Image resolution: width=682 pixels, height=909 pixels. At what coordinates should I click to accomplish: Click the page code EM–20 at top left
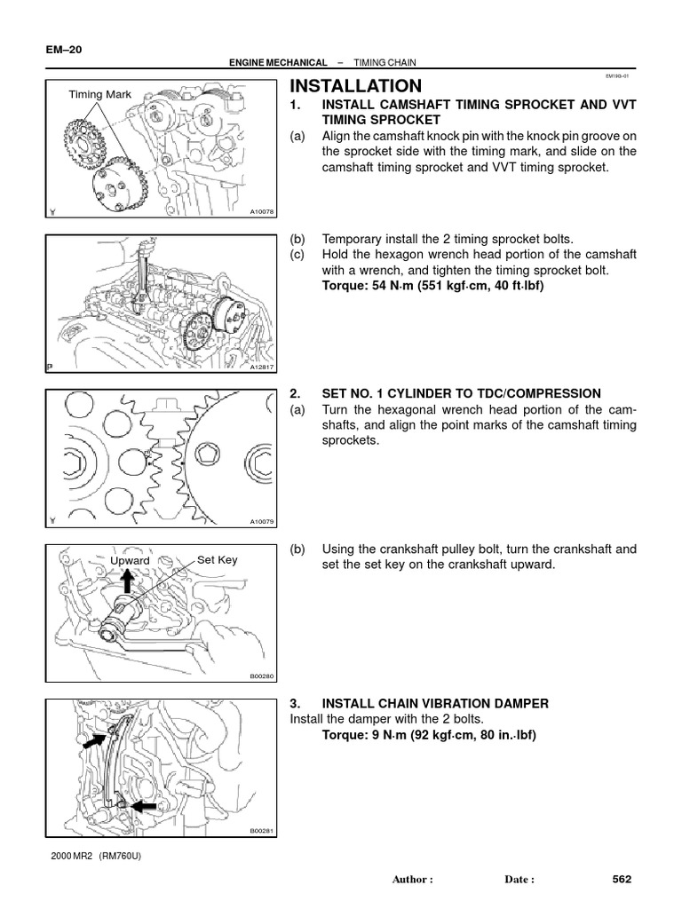[x=62, y=51]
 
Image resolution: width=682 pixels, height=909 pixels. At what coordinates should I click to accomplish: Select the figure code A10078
[x=263, y=211]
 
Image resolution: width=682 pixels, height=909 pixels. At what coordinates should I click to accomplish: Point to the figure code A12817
[x=263, y=366]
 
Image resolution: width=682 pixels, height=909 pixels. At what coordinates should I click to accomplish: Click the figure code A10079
[x=263, y=521]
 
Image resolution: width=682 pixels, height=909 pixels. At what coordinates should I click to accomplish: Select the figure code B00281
[x=263, y=831]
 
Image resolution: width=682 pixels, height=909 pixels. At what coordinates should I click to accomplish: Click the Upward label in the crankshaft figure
[x=130, y=561]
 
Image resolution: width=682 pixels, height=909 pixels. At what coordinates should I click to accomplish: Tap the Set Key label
[x=218, y=560]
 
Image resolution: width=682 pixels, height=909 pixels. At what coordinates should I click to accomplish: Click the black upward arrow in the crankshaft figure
[x=128, y=581]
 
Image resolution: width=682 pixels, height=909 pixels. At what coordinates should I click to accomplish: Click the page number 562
[x=622, y=880]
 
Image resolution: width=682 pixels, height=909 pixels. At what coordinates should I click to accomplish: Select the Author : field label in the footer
[x=412, y=881]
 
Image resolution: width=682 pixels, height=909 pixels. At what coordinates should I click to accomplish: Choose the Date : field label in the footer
[x=519, y=881]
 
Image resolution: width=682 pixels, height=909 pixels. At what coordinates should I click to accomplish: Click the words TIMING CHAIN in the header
[x=385, y=63]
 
